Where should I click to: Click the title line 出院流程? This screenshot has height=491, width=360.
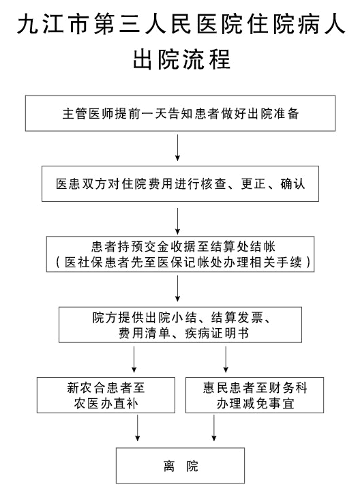coord(181,59)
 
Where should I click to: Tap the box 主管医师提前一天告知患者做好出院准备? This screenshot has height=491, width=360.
coord(180,113)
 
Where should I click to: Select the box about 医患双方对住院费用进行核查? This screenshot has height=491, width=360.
coord(180,183)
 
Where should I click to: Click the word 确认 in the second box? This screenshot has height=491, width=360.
coord(292,184)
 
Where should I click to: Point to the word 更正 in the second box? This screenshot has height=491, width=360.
coord(253,184)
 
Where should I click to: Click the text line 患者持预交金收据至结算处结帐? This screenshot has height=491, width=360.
coord(183,247)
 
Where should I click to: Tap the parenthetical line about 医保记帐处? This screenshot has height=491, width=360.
coord(183,262)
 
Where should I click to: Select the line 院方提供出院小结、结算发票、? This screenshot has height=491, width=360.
coord(181,318)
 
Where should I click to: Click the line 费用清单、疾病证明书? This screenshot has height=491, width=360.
coord(183,333)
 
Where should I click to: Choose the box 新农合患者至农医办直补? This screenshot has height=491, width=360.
coord(106,395)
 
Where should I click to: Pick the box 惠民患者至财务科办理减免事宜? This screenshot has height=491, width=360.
coord(254,395)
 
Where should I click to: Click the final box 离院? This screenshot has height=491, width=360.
coord(180,466)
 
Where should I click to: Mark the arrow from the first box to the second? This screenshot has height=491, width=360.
coord(177,148)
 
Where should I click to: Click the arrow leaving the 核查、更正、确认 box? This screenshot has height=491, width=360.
coord(177,221)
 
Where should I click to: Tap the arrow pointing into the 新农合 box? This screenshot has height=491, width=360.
coord(134,359)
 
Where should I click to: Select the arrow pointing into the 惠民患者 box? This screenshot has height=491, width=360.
coord(226,359)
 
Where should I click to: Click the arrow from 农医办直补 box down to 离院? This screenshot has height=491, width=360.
coord(138,428)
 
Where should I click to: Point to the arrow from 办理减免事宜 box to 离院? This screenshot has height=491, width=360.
coord(214,428)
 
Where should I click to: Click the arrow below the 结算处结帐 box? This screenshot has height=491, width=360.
coord(177,288)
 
